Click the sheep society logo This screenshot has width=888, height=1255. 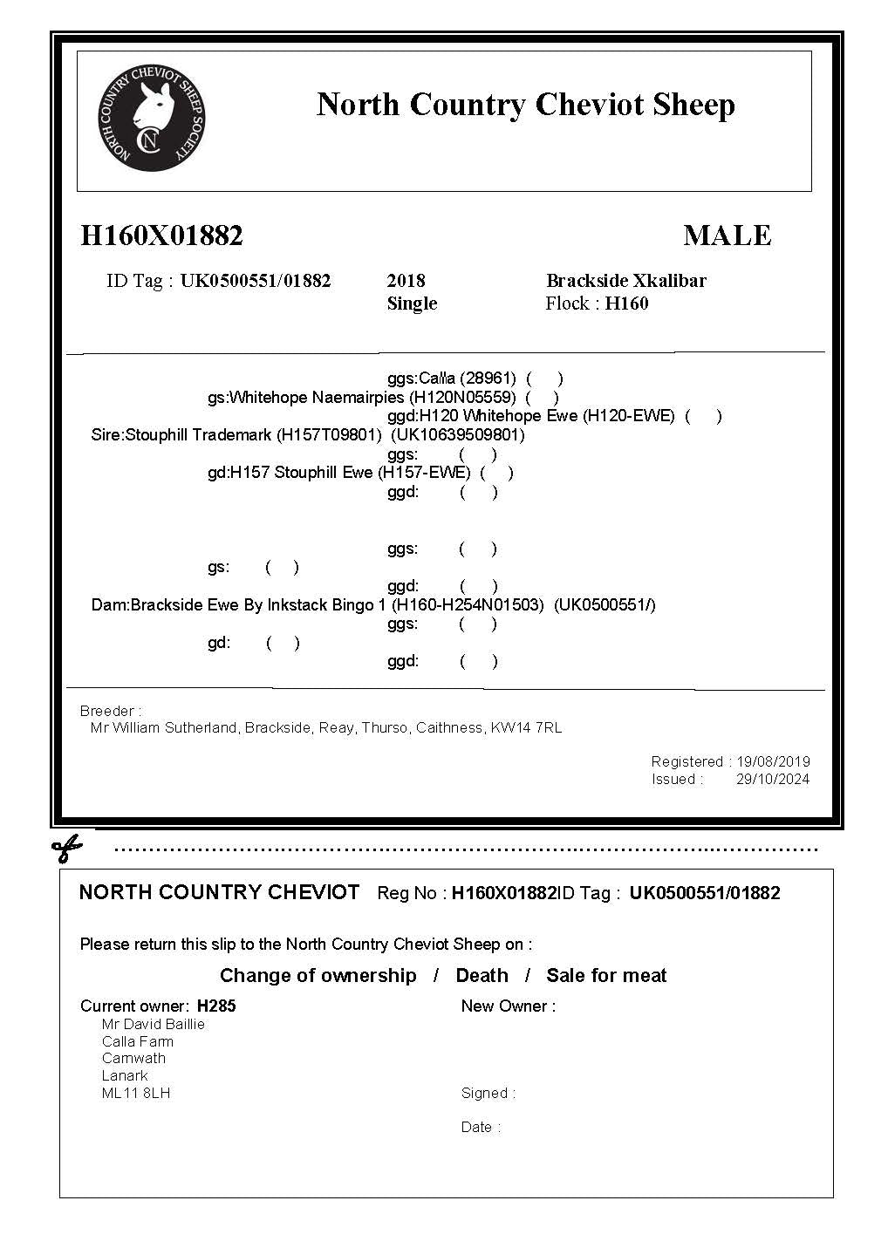[x=153, y=117]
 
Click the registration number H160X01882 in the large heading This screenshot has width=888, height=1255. [x=161, y=235]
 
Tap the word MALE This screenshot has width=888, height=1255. [x=727, y=235]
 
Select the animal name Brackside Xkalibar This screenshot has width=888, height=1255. [x=625, y=281]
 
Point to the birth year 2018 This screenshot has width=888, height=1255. [x=406, y=281]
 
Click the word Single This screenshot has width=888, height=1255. [x=412, y=304]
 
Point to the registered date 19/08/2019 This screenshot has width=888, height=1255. [x=773, y=761]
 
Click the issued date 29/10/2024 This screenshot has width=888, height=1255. [x=773, y=779]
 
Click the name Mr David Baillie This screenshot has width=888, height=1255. [x=154, y=1024]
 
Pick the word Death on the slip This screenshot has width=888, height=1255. [x=482, y=975]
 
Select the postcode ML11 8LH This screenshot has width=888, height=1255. [x=136, y=1092]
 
